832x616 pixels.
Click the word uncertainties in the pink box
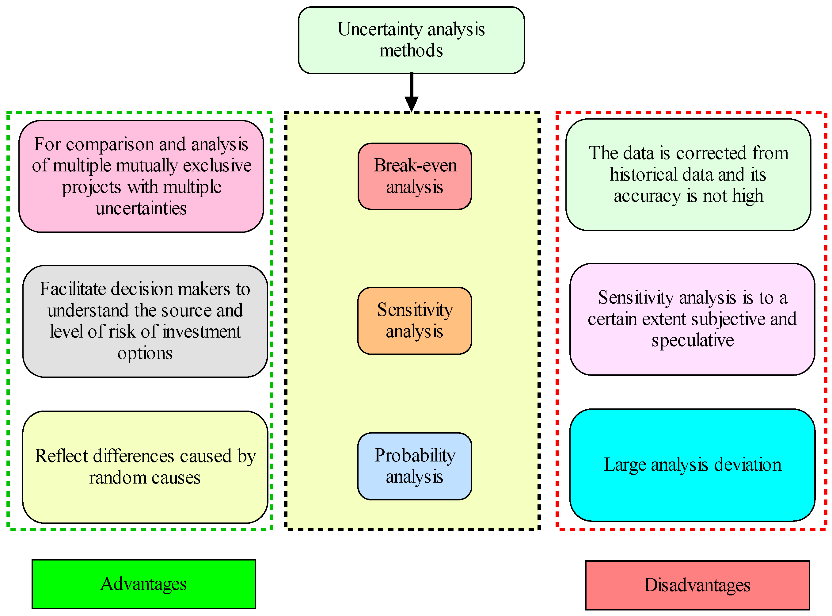tap(141, 208)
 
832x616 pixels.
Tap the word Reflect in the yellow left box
tap(62, 456)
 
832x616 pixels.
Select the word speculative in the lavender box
tap(692, 340)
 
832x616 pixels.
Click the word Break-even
tap(415, 165)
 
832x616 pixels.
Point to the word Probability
tap(415, 455)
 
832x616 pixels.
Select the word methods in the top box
tap(411, 50)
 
